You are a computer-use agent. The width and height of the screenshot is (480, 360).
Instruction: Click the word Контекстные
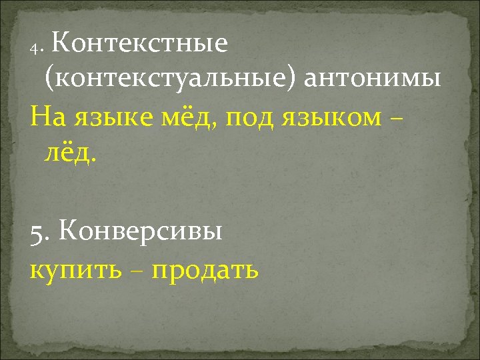pos(139,44)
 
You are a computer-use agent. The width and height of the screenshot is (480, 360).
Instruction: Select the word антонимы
pos(372,79)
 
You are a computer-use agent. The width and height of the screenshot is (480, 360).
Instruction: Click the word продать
pos(205,271)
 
